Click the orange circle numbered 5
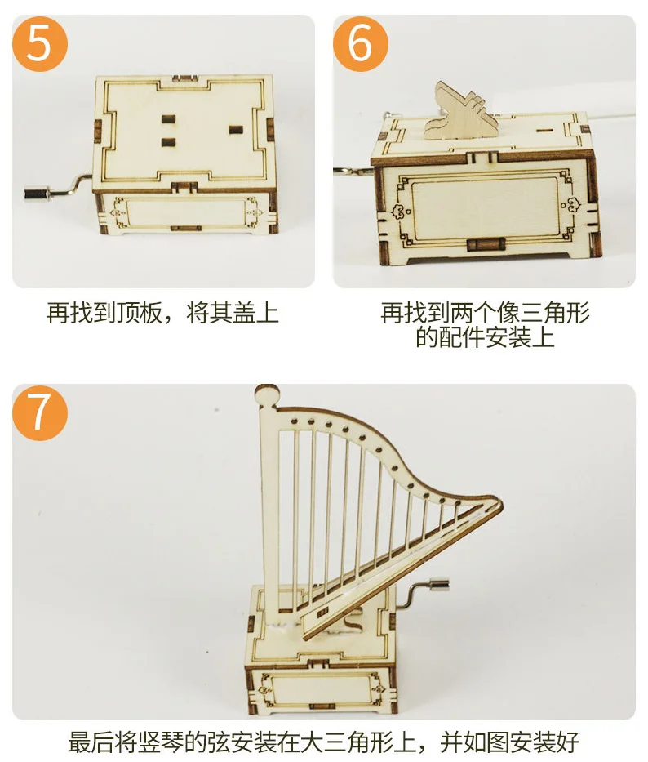pos(38,43)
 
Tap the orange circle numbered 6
pos(360,43)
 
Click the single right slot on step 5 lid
pos(237,131)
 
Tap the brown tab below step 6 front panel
pos(482,244)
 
